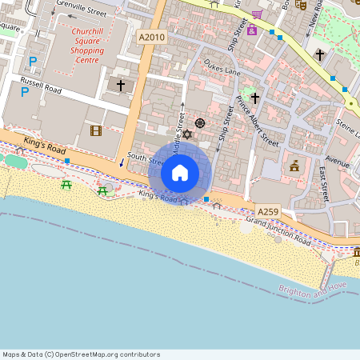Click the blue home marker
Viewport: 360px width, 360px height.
pyautogui.click(x=180, y=171)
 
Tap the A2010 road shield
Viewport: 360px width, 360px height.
pyautogui.click(x=151, y=38)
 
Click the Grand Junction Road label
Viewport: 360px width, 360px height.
pyautogui.click(x=278, y=230)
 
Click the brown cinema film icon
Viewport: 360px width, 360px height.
pyautogui.click(x=97, y=130)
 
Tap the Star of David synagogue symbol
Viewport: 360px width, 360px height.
pyautogui.click(x=187, y=134)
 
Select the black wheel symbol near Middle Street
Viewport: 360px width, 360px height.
pyautogui.click(x=200, y=123)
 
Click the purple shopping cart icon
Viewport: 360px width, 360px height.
pyautogui.click(x=257, y=14)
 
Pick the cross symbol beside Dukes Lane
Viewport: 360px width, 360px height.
pyautogui.click(x=255, y=98)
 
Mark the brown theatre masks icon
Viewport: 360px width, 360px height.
pyautogui.click(x=301, y=4)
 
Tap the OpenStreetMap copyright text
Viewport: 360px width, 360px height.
pyautogui.click(x=81, y=354)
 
